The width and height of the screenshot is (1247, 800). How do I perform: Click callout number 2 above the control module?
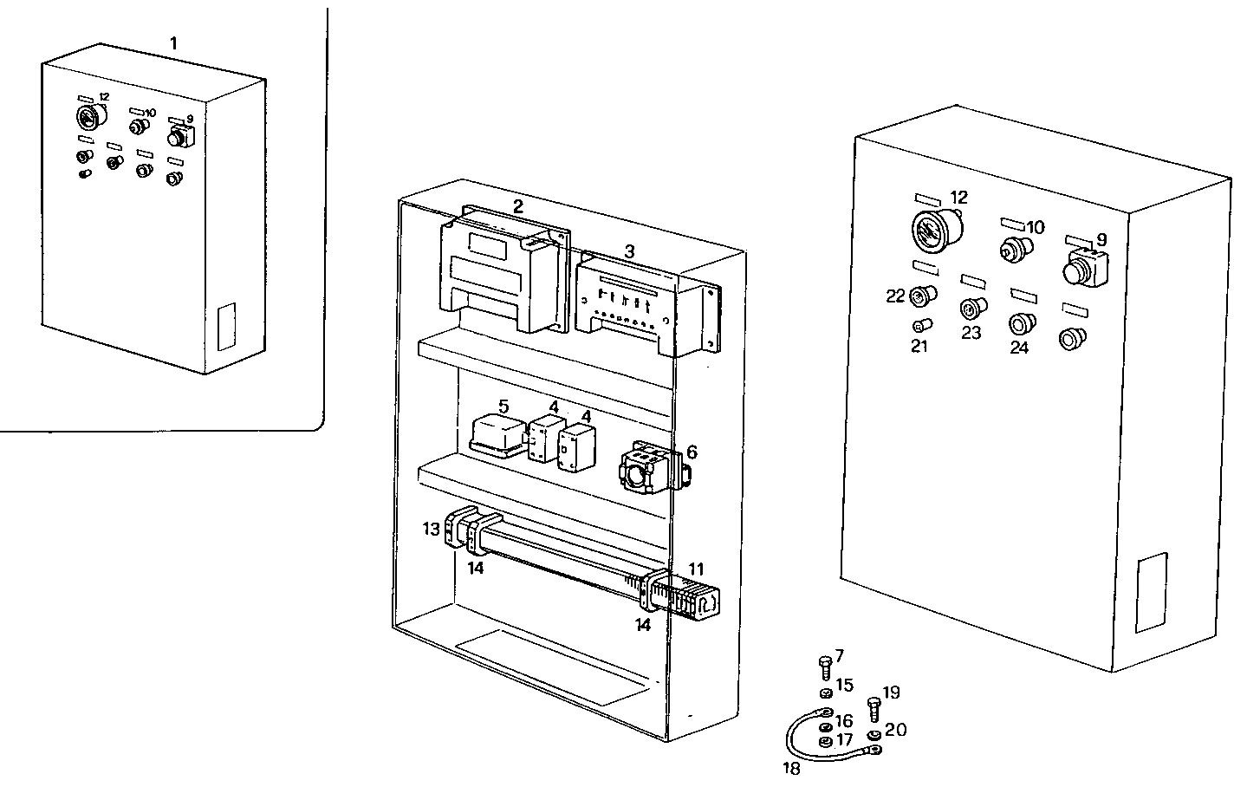pos(517,206)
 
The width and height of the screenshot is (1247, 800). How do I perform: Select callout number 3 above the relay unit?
pos(630,250)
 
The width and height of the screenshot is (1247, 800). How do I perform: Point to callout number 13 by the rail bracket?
pos(432,529)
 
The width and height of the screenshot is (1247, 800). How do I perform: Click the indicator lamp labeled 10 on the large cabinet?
pos(1011,250)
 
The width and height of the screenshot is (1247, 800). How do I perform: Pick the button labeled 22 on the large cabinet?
pos(922,297)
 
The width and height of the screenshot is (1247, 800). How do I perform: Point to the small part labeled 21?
pos(922,326)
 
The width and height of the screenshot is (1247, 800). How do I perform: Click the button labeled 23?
pos(970,308)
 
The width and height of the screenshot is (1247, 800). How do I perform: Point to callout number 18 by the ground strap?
pos(790,768)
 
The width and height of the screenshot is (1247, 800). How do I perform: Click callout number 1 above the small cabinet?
pos(173,42)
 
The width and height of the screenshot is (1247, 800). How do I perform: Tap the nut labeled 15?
pos(825,693)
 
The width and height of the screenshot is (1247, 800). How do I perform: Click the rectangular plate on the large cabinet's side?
pos(1151,593)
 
